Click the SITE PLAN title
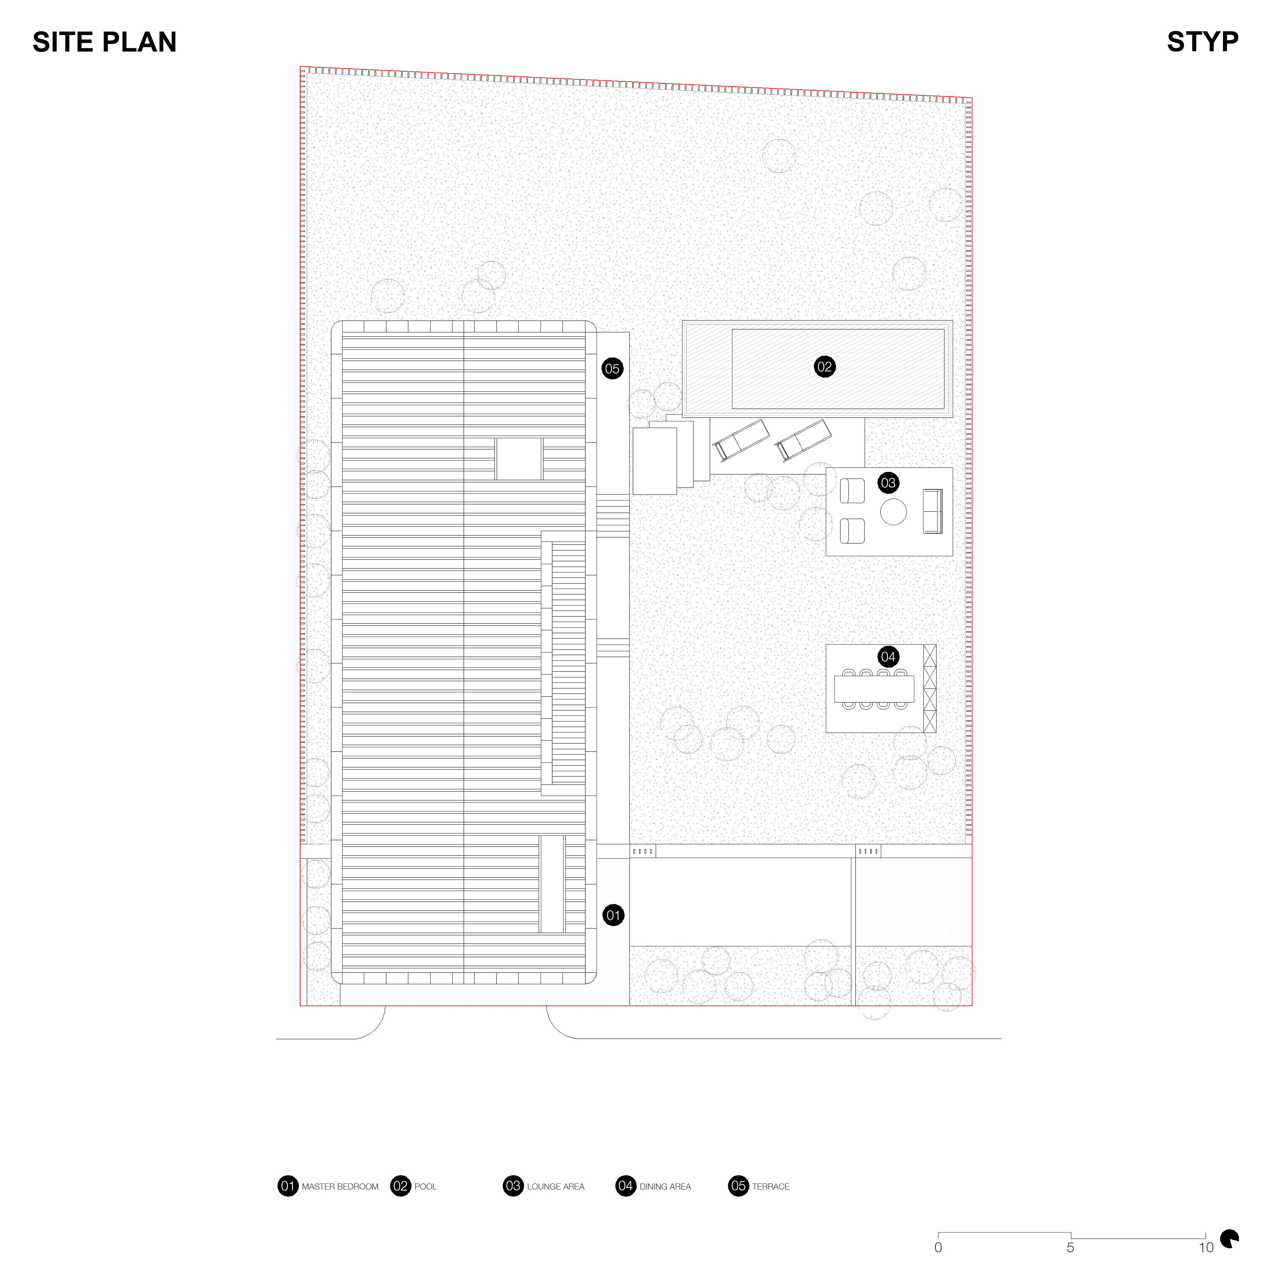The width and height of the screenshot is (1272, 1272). click(105, 42)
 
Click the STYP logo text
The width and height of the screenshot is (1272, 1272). click(1202, 42)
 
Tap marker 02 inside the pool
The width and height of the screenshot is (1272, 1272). click(824, 367)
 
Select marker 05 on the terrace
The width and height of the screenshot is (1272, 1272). click(612, 369)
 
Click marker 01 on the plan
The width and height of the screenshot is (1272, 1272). click(613, 915)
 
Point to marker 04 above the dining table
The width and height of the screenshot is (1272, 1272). click(888, 657)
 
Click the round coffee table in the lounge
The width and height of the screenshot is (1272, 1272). click(893, 511)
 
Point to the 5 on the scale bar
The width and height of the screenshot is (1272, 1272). click(1071, 1247)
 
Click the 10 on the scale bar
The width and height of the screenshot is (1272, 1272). click(1205, 1247)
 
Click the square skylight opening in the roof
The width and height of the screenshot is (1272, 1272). click(519, 459)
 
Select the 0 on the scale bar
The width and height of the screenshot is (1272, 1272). click(938, 1247)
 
